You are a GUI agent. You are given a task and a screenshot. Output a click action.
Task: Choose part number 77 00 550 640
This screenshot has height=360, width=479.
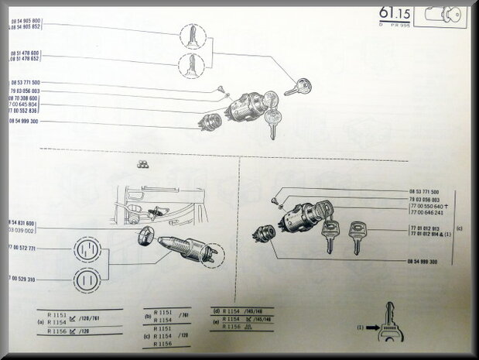[x=428, y=207]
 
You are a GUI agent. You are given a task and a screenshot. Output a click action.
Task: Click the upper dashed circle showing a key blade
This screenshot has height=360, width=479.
[x=191, y=36]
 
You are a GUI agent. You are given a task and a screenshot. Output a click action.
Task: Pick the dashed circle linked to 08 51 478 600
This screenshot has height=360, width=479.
[x=191, y=65]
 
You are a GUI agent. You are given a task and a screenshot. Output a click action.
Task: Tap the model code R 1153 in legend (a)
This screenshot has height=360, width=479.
[x=57, y=316]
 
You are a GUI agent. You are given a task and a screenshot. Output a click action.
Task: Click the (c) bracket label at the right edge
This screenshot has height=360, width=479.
[x=460, y=228]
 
